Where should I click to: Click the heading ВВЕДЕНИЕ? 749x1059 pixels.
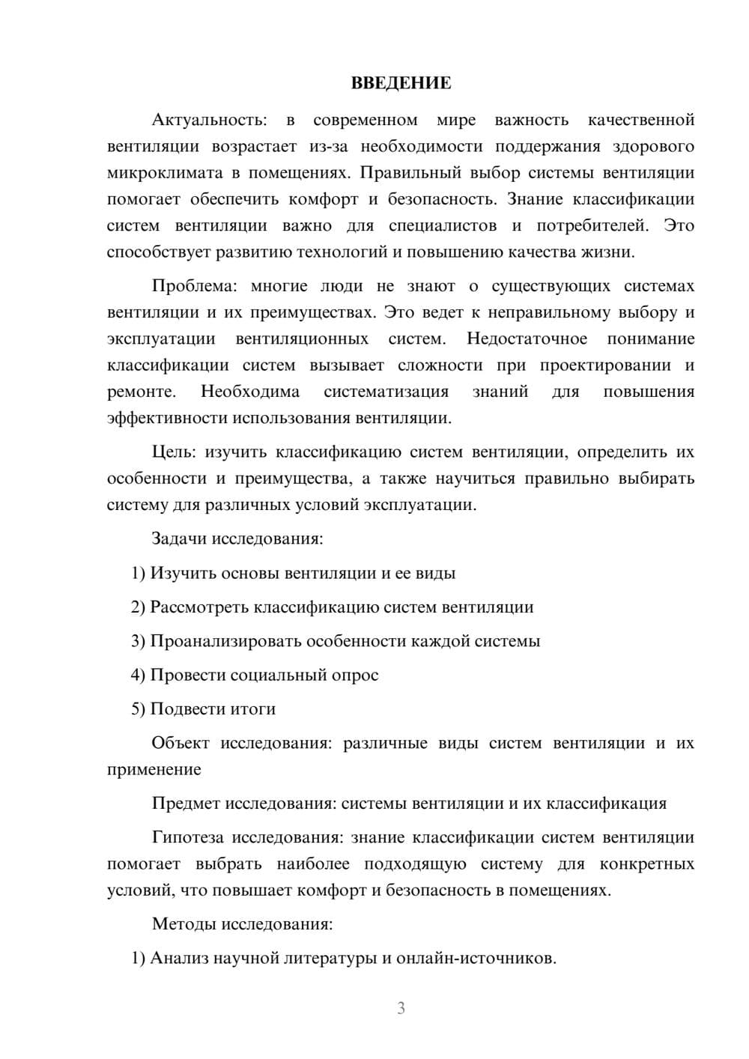pos(401,83)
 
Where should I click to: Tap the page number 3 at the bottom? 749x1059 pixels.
pos(401,1008)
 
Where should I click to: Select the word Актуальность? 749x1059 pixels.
pos(208,120)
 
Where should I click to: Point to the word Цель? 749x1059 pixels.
pos(173,452)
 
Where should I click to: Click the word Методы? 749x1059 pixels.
pos(184,923)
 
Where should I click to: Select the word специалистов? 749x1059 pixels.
pos(443,225)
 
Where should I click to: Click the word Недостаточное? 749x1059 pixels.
pos(527,339)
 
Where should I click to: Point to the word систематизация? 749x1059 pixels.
pos(386,392)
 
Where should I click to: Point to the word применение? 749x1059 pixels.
pos(154,769)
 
